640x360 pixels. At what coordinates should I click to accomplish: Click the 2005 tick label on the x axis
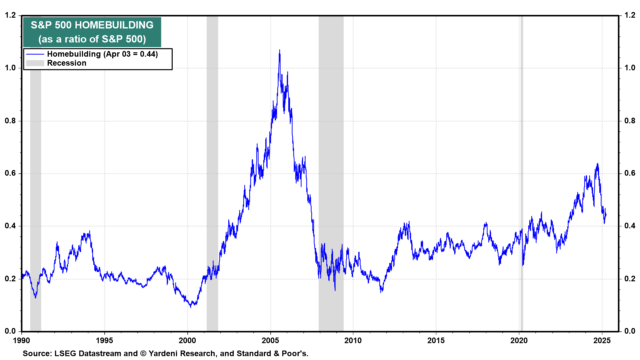[x=270, y=340]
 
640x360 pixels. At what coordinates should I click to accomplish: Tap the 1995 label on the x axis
[x=104, y=340]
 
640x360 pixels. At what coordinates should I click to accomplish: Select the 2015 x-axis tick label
[x=436, y=340]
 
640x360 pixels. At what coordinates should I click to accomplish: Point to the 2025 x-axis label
[x=602, y=340]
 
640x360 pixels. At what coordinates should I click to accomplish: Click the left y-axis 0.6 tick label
[x=10, y=173]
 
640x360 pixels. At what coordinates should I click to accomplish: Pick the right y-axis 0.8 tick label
[x=630, y=121]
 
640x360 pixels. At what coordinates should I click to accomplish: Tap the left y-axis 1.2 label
[x=10, y=15]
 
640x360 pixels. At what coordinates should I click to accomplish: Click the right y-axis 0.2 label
[x=630, y=279]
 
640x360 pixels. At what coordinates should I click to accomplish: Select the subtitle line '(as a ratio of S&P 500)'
[x=92, y=39]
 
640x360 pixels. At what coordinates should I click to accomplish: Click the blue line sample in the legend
[x=35, y=54]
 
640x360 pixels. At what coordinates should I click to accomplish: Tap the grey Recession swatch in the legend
[x=35, y=63]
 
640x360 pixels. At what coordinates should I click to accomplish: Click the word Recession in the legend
[x=67, y=63]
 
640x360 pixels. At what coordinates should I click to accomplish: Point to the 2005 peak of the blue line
[x=279, y=50]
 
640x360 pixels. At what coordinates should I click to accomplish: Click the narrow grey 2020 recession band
[x=522, y=173]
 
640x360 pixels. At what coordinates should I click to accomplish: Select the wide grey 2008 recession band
[x=331, y=173]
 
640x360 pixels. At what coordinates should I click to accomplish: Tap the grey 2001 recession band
[x=212, y=173]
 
